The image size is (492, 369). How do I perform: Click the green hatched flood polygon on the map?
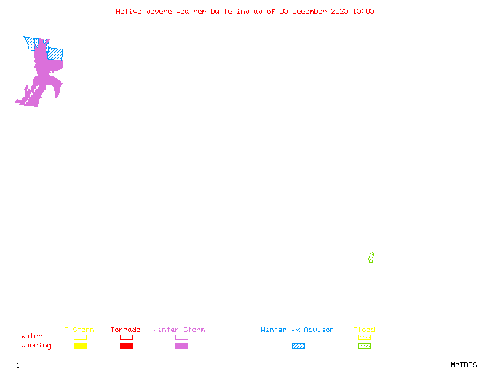371,258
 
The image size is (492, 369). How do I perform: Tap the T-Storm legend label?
79,330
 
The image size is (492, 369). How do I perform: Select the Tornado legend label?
125,330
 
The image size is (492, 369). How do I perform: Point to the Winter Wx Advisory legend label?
300,330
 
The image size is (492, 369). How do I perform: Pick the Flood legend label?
364,330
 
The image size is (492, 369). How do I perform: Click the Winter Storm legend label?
179,330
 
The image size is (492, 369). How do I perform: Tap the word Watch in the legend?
32,336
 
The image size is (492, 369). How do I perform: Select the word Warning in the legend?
36,346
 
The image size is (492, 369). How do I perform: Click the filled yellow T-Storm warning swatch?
80,346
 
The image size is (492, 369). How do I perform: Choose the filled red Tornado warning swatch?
126,346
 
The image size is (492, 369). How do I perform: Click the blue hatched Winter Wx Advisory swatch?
298,346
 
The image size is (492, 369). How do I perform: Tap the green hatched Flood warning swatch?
364,346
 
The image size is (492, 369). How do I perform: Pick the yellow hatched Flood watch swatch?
364,337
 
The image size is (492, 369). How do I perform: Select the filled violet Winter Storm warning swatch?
181,346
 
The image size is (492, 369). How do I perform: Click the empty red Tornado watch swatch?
126,337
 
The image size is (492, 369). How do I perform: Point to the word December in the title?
312,11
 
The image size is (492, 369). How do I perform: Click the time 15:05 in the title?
363,11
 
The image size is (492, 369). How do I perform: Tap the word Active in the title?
129,11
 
